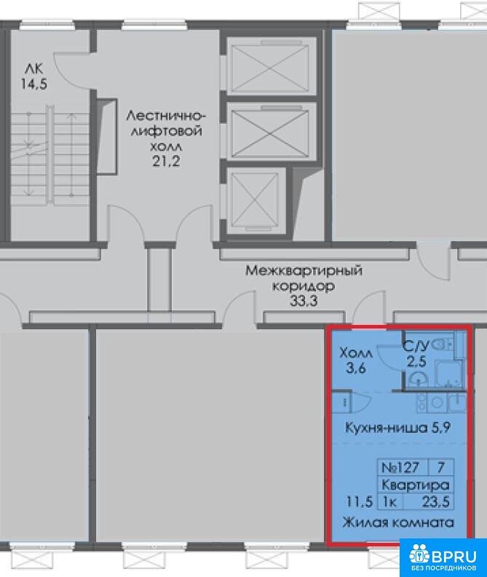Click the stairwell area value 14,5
click(x=33, y=85)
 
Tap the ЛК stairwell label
click(x=33, y=68)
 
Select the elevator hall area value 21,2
click(x=166, y=161)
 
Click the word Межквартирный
click(x=304, y=270)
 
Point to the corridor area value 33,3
click(x=304, y=301)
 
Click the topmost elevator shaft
click(x=270, y=66)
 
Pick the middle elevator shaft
click(x=270, y=131)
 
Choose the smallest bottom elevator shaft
click(x=255, y=200)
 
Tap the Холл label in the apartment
click(x=356, y=353)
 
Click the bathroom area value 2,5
click(x=416, y=361)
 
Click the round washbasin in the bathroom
click(x=419, y=380)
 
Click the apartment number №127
click(x=400, y=467)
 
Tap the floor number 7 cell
click(x=440, y=467)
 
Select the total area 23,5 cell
click(x=435, y=501)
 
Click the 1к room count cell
click(x=390, y=502)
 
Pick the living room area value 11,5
click(x=360, y=501)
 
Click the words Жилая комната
click(x=398, y=522)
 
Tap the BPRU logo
click(x=443, y=558)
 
